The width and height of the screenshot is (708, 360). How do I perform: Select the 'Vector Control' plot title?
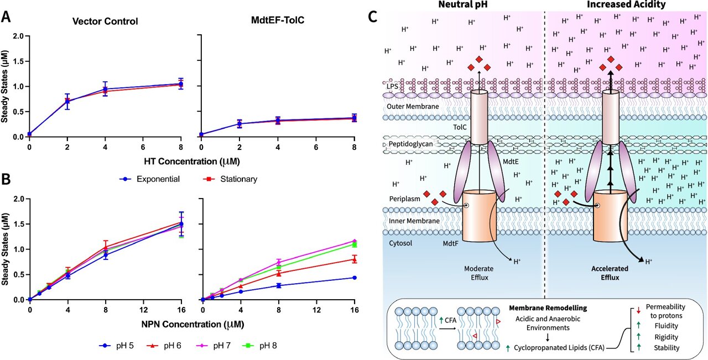pyautogui.click(x=105, y=22)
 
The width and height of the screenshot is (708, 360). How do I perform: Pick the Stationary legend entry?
pyautogui.click(x=230, y=179)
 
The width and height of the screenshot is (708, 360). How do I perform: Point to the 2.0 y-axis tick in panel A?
pyautogui.click(x=18, y=36)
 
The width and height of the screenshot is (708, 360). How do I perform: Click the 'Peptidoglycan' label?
pyautogui.click(x=411, y=143)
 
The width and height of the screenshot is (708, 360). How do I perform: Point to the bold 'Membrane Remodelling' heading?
pyautogui.click(x=540, y=306)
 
